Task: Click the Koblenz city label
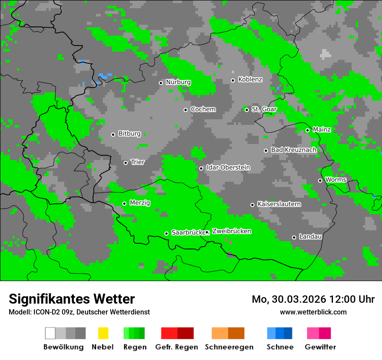coord(250,80)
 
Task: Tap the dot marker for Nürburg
coord(161,82)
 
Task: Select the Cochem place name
coord(203,109)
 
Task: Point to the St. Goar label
coord(264,109)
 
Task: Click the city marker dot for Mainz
coord(307,130)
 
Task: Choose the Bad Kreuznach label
coord(293,150)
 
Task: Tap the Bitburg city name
coord(129,134)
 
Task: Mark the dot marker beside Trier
coord(125,163)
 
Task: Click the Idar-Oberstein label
coord(228,168)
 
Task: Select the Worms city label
coord(336,180)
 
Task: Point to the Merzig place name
coord(140,203)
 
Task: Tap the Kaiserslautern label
coord(279,204)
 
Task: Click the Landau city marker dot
coord(294,237)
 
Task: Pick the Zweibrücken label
coord(231,232)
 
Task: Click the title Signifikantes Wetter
coord(72,299)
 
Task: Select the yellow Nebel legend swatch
coord(103,333)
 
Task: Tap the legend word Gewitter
coord(320,347)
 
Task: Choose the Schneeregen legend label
coord(229,347)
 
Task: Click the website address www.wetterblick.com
coord(313,312)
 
